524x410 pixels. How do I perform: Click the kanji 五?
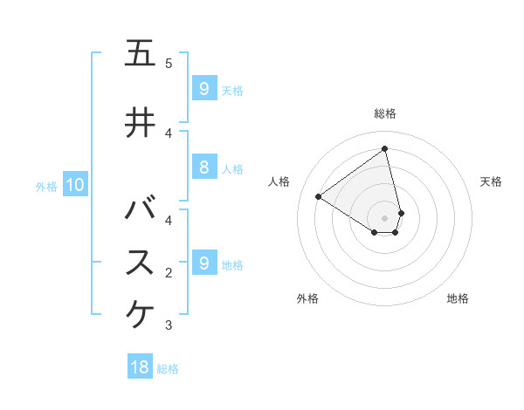(x=141, y=54)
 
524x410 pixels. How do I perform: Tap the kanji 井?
(x=141, y=122)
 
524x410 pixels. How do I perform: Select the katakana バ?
(x=141, y=209)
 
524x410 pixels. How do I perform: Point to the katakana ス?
(x=141, y=263)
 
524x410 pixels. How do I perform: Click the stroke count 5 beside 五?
(x=169, y=64)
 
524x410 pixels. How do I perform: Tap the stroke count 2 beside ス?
(x=169, y=273)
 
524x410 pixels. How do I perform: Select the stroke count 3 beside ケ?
(x=169, y=325)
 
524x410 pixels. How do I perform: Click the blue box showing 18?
(x=140, y=367)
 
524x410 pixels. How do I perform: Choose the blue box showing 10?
(x=74, y=185)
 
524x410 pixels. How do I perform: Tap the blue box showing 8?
(x=203, y=167)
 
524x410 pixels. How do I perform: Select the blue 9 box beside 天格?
(x=203, y=88)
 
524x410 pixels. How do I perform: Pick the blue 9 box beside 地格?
(x=203, y=263)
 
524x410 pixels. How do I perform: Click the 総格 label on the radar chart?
(x=385, y=113)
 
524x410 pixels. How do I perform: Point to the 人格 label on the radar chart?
(x=279, y=181)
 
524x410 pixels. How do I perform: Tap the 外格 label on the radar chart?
(x=307, y=298)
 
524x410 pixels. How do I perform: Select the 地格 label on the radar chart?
(x=458, y=298)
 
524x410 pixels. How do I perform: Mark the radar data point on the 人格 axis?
(x=318, y=196)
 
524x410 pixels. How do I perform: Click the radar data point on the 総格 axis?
(x=385, y=149)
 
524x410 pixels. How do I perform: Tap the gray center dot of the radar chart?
(x=385, y=217)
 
